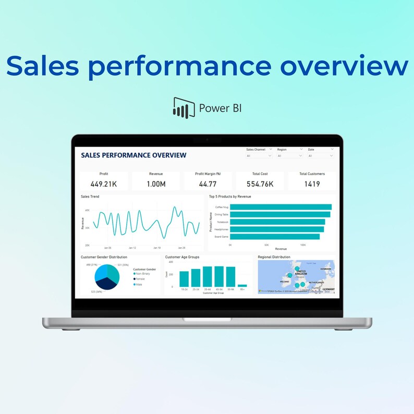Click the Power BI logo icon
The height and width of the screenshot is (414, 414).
[180, 107]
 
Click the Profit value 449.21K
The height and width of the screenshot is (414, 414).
[103, 184]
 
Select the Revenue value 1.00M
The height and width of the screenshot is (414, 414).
[155, 184]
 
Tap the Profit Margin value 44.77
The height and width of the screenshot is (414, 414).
[208, 184]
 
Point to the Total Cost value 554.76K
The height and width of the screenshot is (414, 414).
[260, 184]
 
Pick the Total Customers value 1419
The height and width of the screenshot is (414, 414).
[312, 184]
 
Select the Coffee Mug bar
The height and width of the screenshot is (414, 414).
[281, 207]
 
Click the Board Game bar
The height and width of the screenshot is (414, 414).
[275, 236]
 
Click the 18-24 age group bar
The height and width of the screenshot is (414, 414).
[184, 279]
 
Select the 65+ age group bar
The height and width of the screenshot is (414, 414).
[242, 286]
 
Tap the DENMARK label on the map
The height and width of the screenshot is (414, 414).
[325, 269]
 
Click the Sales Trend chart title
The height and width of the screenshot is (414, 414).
[90, 197]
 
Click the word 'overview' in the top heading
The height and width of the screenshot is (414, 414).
[344, 66]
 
